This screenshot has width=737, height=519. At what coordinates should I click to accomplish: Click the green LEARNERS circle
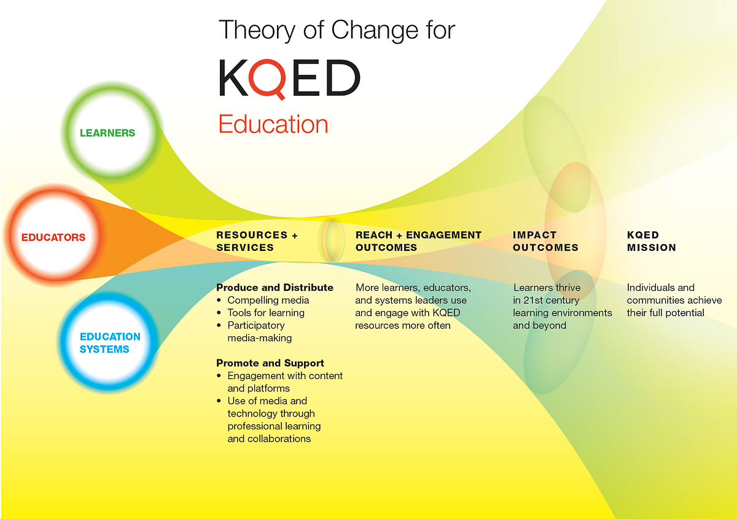coord(107,133)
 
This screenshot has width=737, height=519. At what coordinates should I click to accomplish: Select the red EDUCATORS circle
coord(54,237)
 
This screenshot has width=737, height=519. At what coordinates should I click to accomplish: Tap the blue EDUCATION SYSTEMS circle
coord(109,343)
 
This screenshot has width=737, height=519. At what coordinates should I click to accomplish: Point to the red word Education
coord(273,124)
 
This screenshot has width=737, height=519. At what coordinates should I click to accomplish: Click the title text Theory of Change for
coord(337,29)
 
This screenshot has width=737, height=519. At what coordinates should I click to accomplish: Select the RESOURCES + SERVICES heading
coord(257,241)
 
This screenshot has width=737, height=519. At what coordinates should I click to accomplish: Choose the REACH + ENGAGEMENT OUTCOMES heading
coord(418,241)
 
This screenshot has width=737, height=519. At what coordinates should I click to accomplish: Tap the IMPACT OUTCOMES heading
coord(545,241)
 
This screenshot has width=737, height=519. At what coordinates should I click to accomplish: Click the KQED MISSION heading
coord(651,241)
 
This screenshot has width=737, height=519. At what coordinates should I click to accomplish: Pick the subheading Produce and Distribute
coord(275,287)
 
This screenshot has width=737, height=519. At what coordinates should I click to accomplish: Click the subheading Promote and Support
coord(270,363)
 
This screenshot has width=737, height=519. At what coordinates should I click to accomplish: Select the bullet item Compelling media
coord(268,300)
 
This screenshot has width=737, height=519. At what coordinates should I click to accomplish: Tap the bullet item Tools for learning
coord(266,313)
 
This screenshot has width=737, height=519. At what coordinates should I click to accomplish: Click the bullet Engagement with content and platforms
coord(284,382)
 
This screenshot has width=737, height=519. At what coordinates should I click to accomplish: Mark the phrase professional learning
coord(274,426)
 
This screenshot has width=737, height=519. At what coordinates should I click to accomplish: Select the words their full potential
coord(665,313)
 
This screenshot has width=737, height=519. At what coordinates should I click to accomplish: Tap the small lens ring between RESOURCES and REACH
coord(332,239)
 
